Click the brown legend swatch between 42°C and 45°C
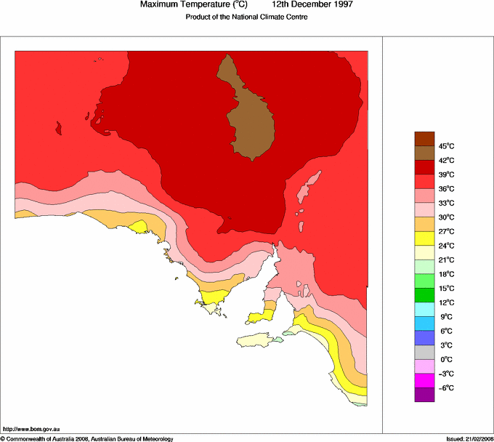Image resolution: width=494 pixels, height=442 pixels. tap(424, 153)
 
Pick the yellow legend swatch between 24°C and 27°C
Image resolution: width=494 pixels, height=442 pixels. tap(424, 238)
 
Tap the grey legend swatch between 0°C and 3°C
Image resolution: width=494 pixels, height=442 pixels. tap(424, 353)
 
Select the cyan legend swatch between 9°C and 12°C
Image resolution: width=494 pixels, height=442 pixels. tap(424, 310)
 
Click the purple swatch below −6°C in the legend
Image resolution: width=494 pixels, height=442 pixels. tap(424, 395)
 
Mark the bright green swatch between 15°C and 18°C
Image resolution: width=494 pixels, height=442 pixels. tap(424, 281)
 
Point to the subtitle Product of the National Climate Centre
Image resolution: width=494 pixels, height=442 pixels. tap(247, 17)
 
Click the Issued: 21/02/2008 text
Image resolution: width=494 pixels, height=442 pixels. tap(469, 438)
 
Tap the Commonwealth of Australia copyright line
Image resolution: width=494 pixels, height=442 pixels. tap(87, 438)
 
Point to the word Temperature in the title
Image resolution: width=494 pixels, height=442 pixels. tap(207, 5)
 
